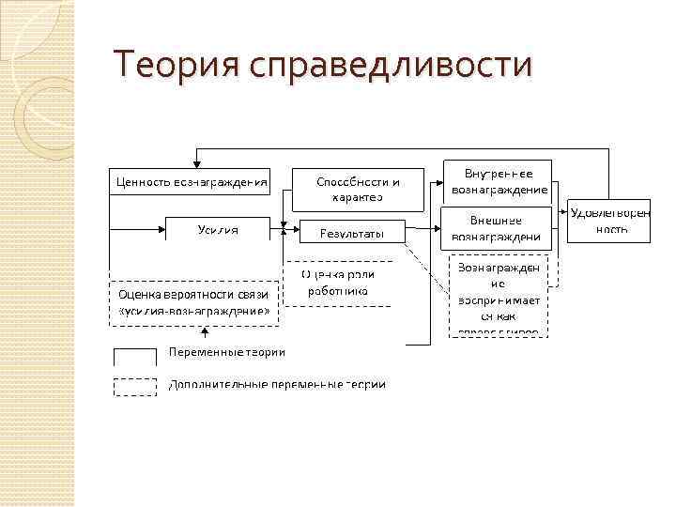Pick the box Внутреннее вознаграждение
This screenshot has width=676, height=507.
499,181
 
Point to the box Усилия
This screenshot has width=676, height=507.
218,230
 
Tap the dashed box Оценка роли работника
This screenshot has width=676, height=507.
339,283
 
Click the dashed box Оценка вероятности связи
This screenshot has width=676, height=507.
194,302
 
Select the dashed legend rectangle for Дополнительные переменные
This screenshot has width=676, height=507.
135,386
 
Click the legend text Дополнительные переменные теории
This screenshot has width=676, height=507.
277,384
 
